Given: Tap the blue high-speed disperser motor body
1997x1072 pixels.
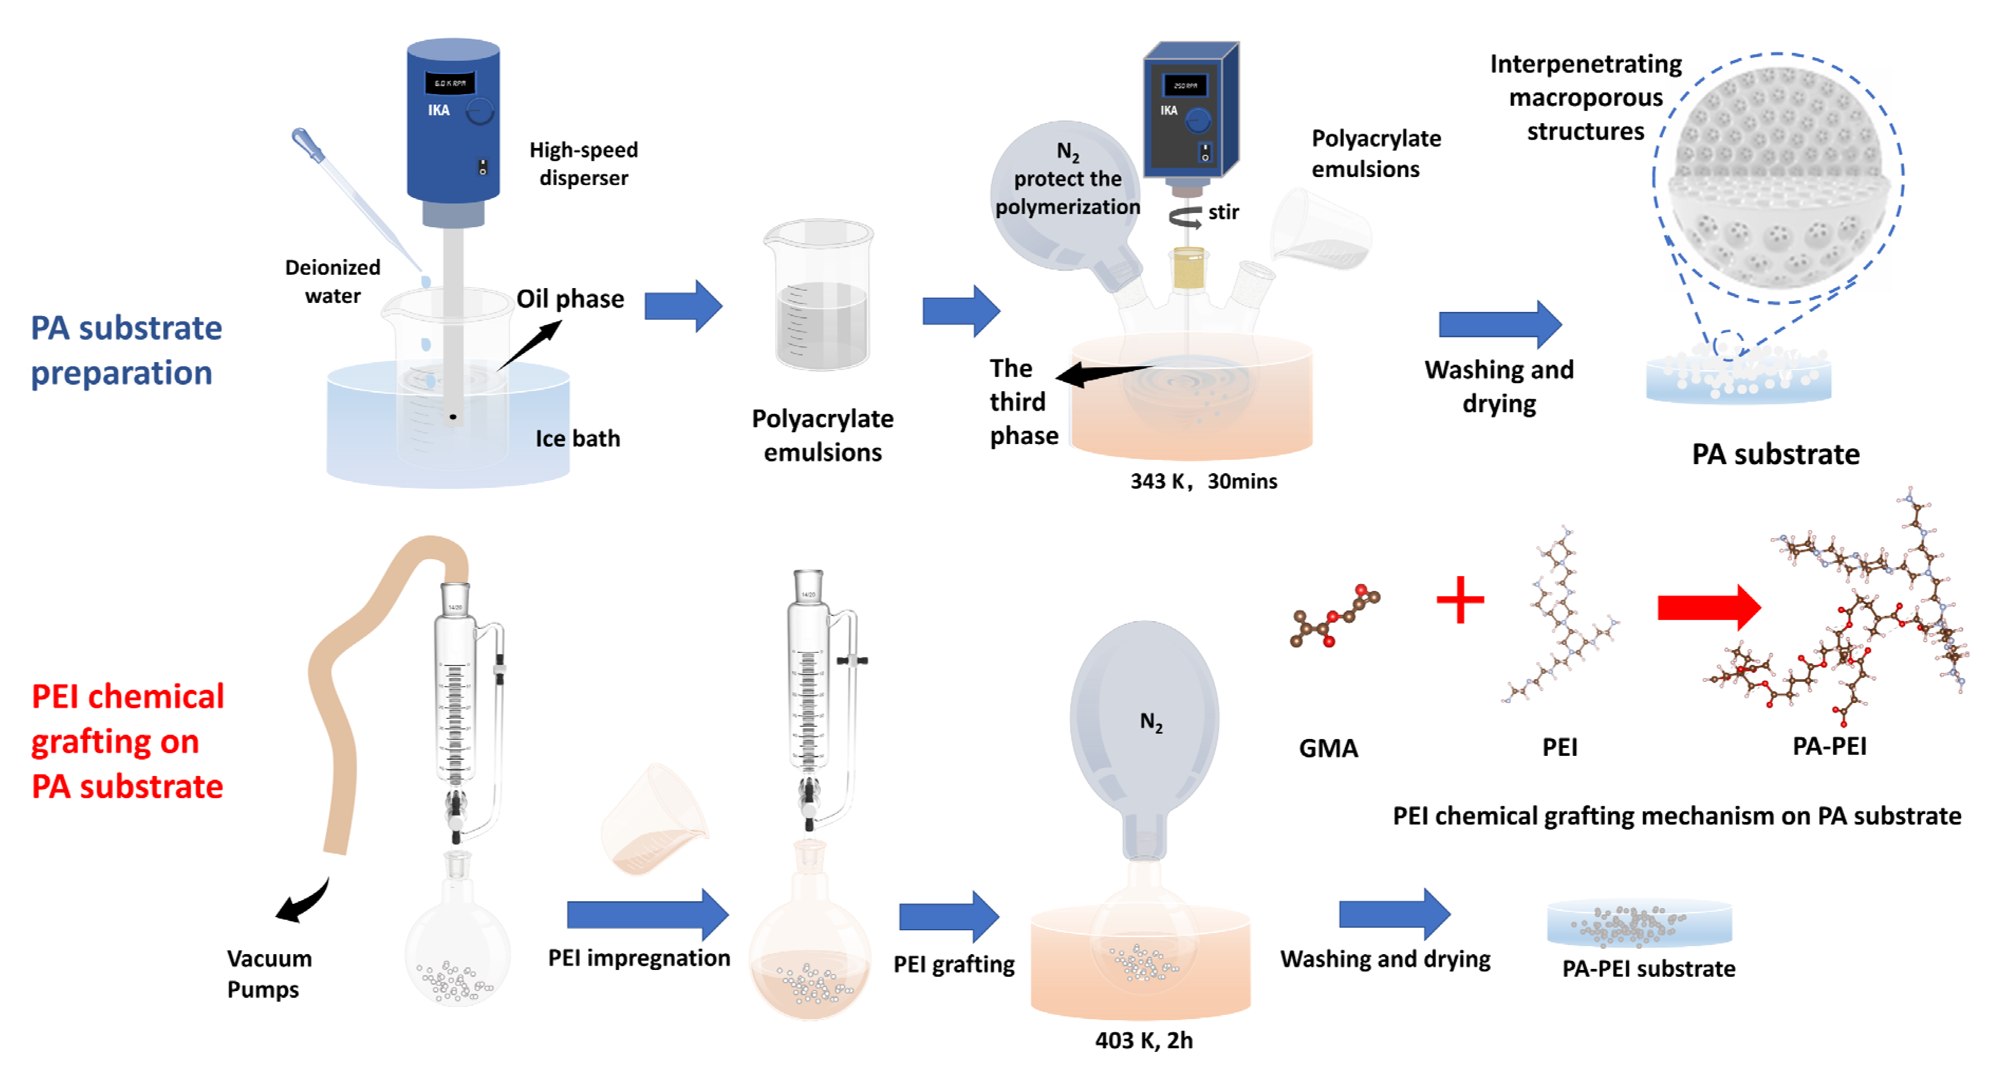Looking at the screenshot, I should pos(453,124).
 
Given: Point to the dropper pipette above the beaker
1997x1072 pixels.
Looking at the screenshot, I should pos(353,198).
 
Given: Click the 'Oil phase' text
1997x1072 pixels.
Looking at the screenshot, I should pos(570,299).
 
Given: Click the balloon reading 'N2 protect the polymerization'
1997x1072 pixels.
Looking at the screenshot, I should pos(1066,194).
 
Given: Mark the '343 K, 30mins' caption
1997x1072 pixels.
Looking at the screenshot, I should pos(1202,482).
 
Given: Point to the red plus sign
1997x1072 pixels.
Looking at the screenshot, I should pos(1459,599).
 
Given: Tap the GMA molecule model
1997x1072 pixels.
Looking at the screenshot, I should pos(1333,617).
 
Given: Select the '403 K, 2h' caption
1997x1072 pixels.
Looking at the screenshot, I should pos(1143,1040).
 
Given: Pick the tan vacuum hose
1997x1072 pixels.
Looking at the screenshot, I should pos(341,698).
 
